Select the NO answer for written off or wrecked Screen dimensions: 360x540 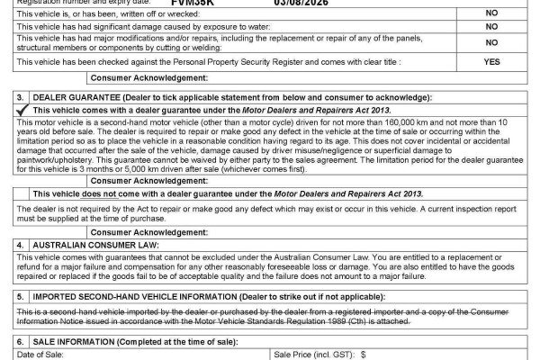(x=491, y=14)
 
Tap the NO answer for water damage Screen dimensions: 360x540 (x=491, y=27)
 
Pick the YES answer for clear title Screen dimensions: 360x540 (x=491, y=61)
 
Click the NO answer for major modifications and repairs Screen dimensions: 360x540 (x=491, y=42)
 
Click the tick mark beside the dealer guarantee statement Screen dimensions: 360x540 (x=22, y=109)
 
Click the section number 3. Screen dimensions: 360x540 (x=20, y=96)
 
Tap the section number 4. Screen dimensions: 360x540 (x=20, y=244)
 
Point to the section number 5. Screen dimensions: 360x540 (x=20, y=295)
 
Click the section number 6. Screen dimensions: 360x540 (x=20, y=343)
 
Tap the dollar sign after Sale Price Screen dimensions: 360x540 (x=364, y=355)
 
